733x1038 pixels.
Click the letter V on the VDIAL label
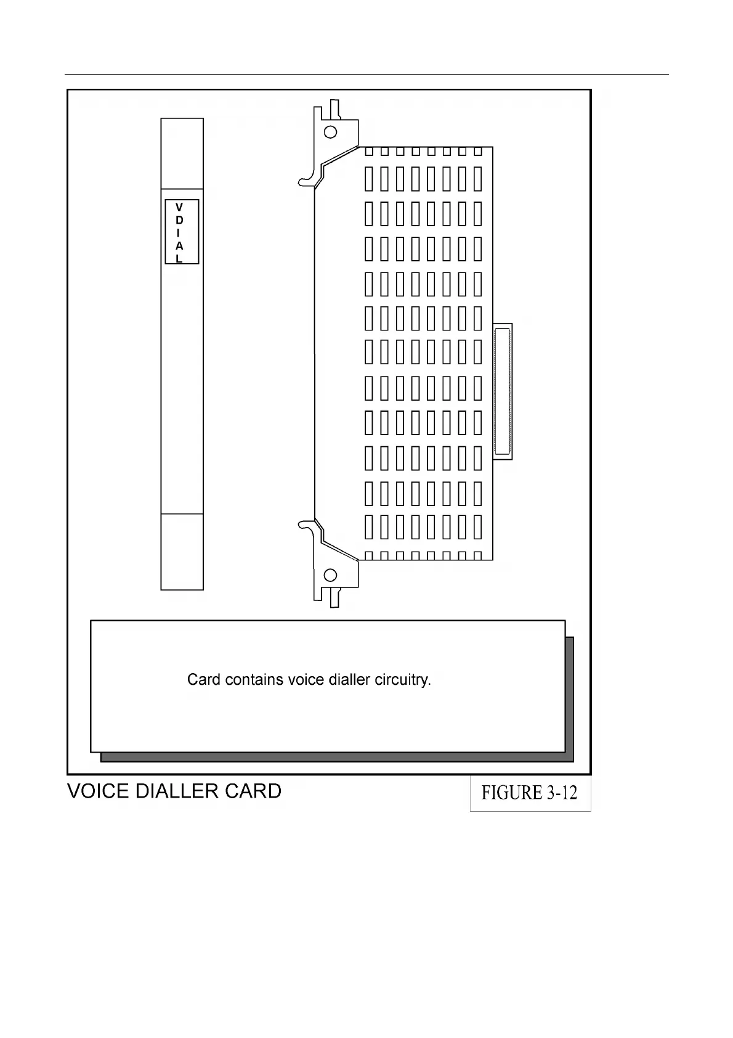179,207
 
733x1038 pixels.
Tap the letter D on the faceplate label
179,220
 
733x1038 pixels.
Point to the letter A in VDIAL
179,246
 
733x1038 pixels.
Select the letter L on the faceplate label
179,259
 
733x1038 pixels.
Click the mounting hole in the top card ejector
331,132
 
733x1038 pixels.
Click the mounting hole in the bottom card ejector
331,575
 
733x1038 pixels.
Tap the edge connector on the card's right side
503,391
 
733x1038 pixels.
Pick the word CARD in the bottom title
253,791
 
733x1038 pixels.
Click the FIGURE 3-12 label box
530,793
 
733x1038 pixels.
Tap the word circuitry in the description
403,680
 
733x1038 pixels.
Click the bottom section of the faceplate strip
182,551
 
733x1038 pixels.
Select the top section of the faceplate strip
182,153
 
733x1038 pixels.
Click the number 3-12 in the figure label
561,793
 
